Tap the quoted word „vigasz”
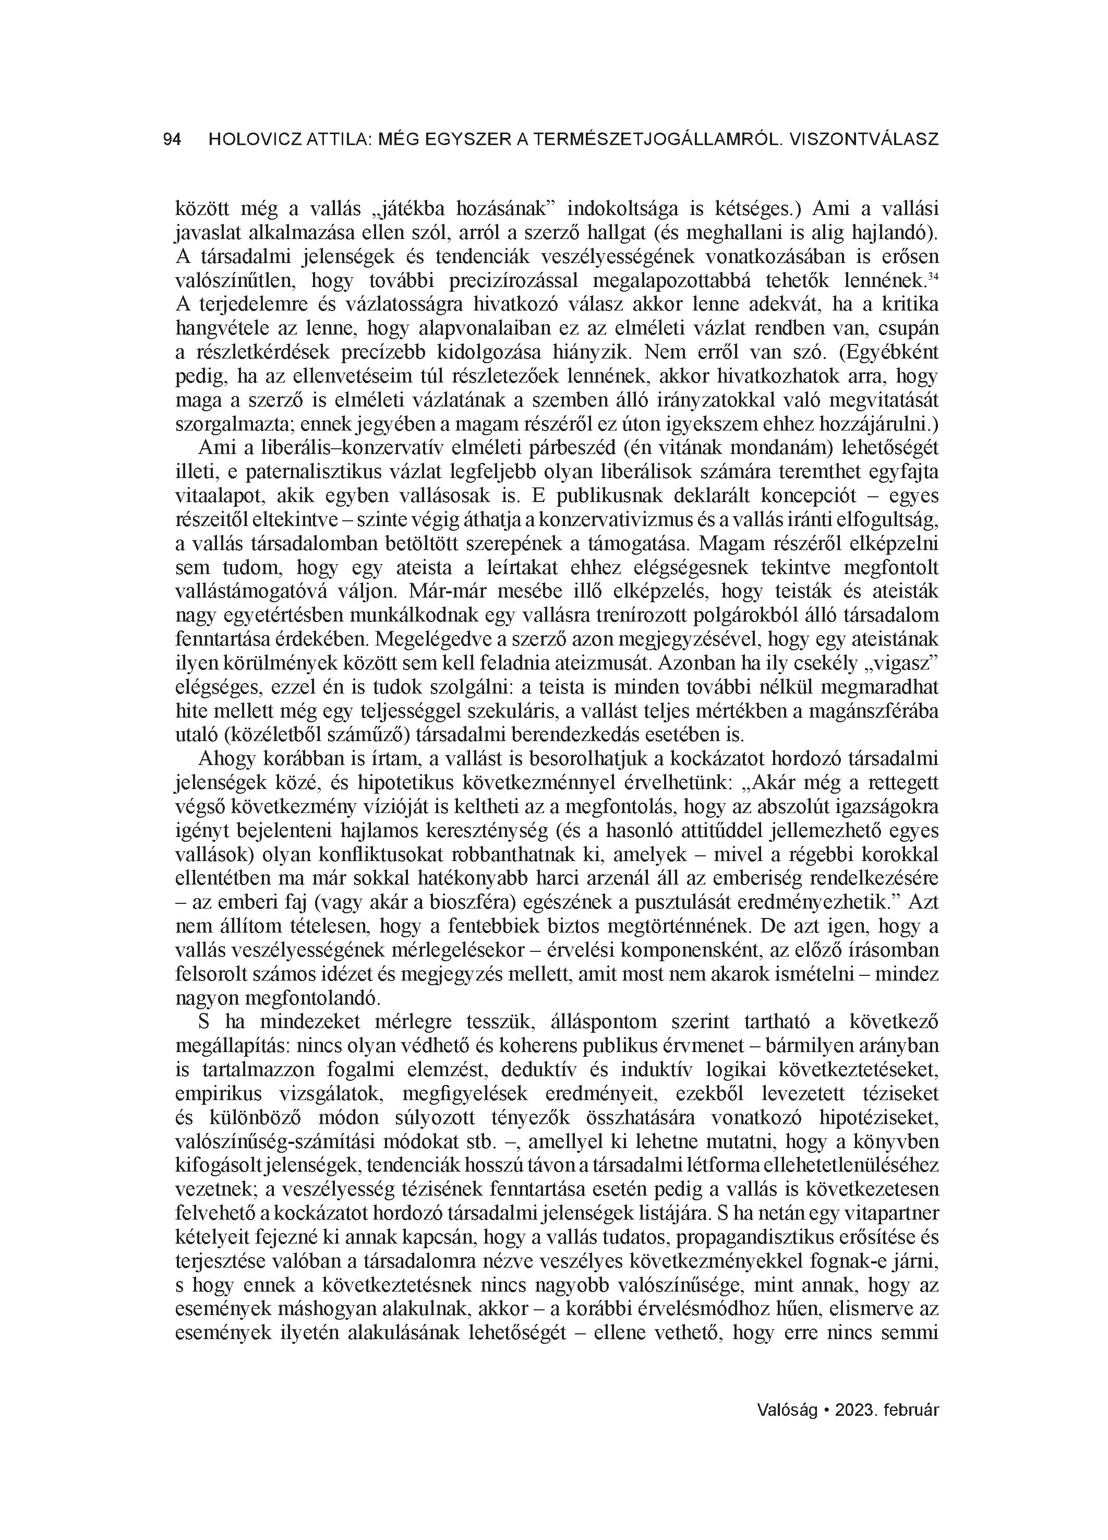point(901,663)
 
